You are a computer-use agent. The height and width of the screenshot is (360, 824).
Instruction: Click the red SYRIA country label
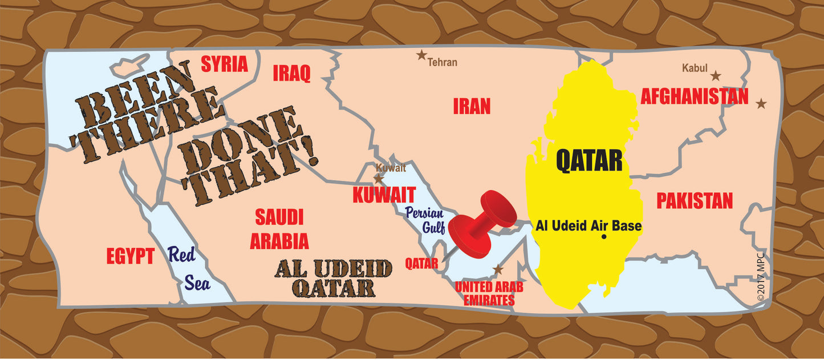pos(225,64)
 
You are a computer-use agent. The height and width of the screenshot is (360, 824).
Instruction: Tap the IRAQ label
pos(291,73)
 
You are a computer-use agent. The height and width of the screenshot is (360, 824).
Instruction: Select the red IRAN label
pos(472,106)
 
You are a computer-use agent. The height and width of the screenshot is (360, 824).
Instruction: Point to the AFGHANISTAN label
pos(694,96)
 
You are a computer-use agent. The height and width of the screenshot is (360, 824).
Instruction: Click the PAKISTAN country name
pos(694,200)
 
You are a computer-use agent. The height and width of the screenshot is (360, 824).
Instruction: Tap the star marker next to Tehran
pos(421,55)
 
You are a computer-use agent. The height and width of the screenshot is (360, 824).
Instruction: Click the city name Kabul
pos(695,68)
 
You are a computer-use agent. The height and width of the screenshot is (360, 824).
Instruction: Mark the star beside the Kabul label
pos(715,75)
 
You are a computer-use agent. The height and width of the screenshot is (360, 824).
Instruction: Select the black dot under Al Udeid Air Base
pos(604,237)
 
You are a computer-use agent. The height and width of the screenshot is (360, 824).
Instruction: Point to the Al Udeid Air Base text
pos(588,226)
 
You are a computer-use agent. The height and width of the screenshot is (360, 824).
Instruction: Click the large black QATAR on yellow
pos(589,161)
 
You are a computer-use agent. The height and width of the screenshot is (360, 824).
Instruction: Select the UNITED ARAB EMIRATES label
pos(489,293)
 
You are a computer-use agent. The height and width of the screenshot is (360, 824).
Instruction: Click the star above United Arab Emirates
pos(498,270)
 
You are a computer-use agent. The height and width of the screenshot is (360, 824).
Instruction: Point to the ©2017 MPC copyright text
pos(761,277)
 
